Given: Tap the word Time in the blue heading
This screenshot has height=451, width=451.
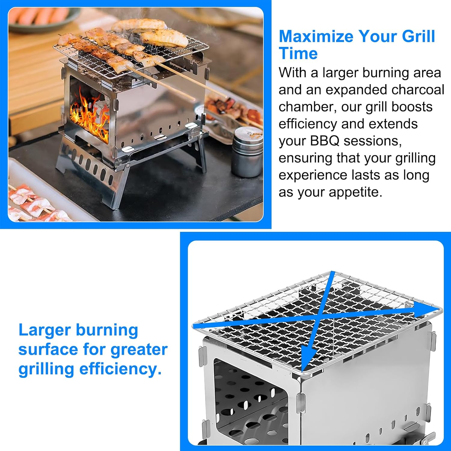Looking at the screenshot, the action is click(x=298, y=54).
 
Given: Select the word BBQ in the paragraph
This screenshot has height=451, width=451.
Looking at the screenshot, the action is click(x=322, y=141).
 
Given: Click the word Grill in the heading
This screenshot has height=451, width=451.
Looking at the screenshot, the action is click(x=418, y=36).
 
